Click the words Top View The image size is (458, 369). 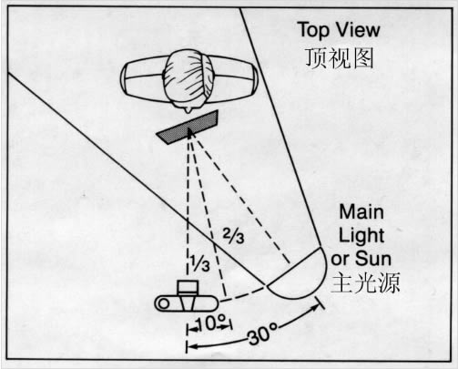click(339, 30)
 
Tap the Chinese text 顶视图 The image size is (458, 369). click(339, 57)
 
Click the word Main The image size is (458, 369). click(361, 211)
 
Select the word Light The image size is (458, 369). click(361, 235)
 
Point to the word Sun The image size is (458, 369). click(373, 259)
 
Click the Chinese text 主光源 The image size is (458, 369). click(365, 282)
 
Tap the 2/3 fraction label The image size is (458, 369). click(233, 235)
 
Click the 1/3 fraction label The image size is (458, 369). click(200, 262)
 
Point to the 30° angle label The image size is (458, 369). click(263, 333)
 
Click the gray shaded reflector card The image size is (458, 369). click(188, 128)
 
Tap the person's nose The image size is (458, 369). click(190, 110)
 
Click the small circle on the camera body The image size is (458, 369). click(164, 303)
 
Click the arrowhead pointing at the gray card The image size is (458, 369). click(190, 132)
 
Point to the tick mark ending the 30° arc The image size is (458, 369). click(321, 303)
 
